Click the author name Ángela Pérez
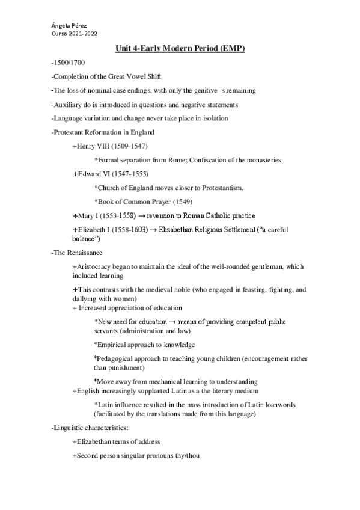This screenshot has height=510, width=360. point(69,26)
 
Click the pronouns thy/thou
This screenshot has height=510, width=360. point(183,456)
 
